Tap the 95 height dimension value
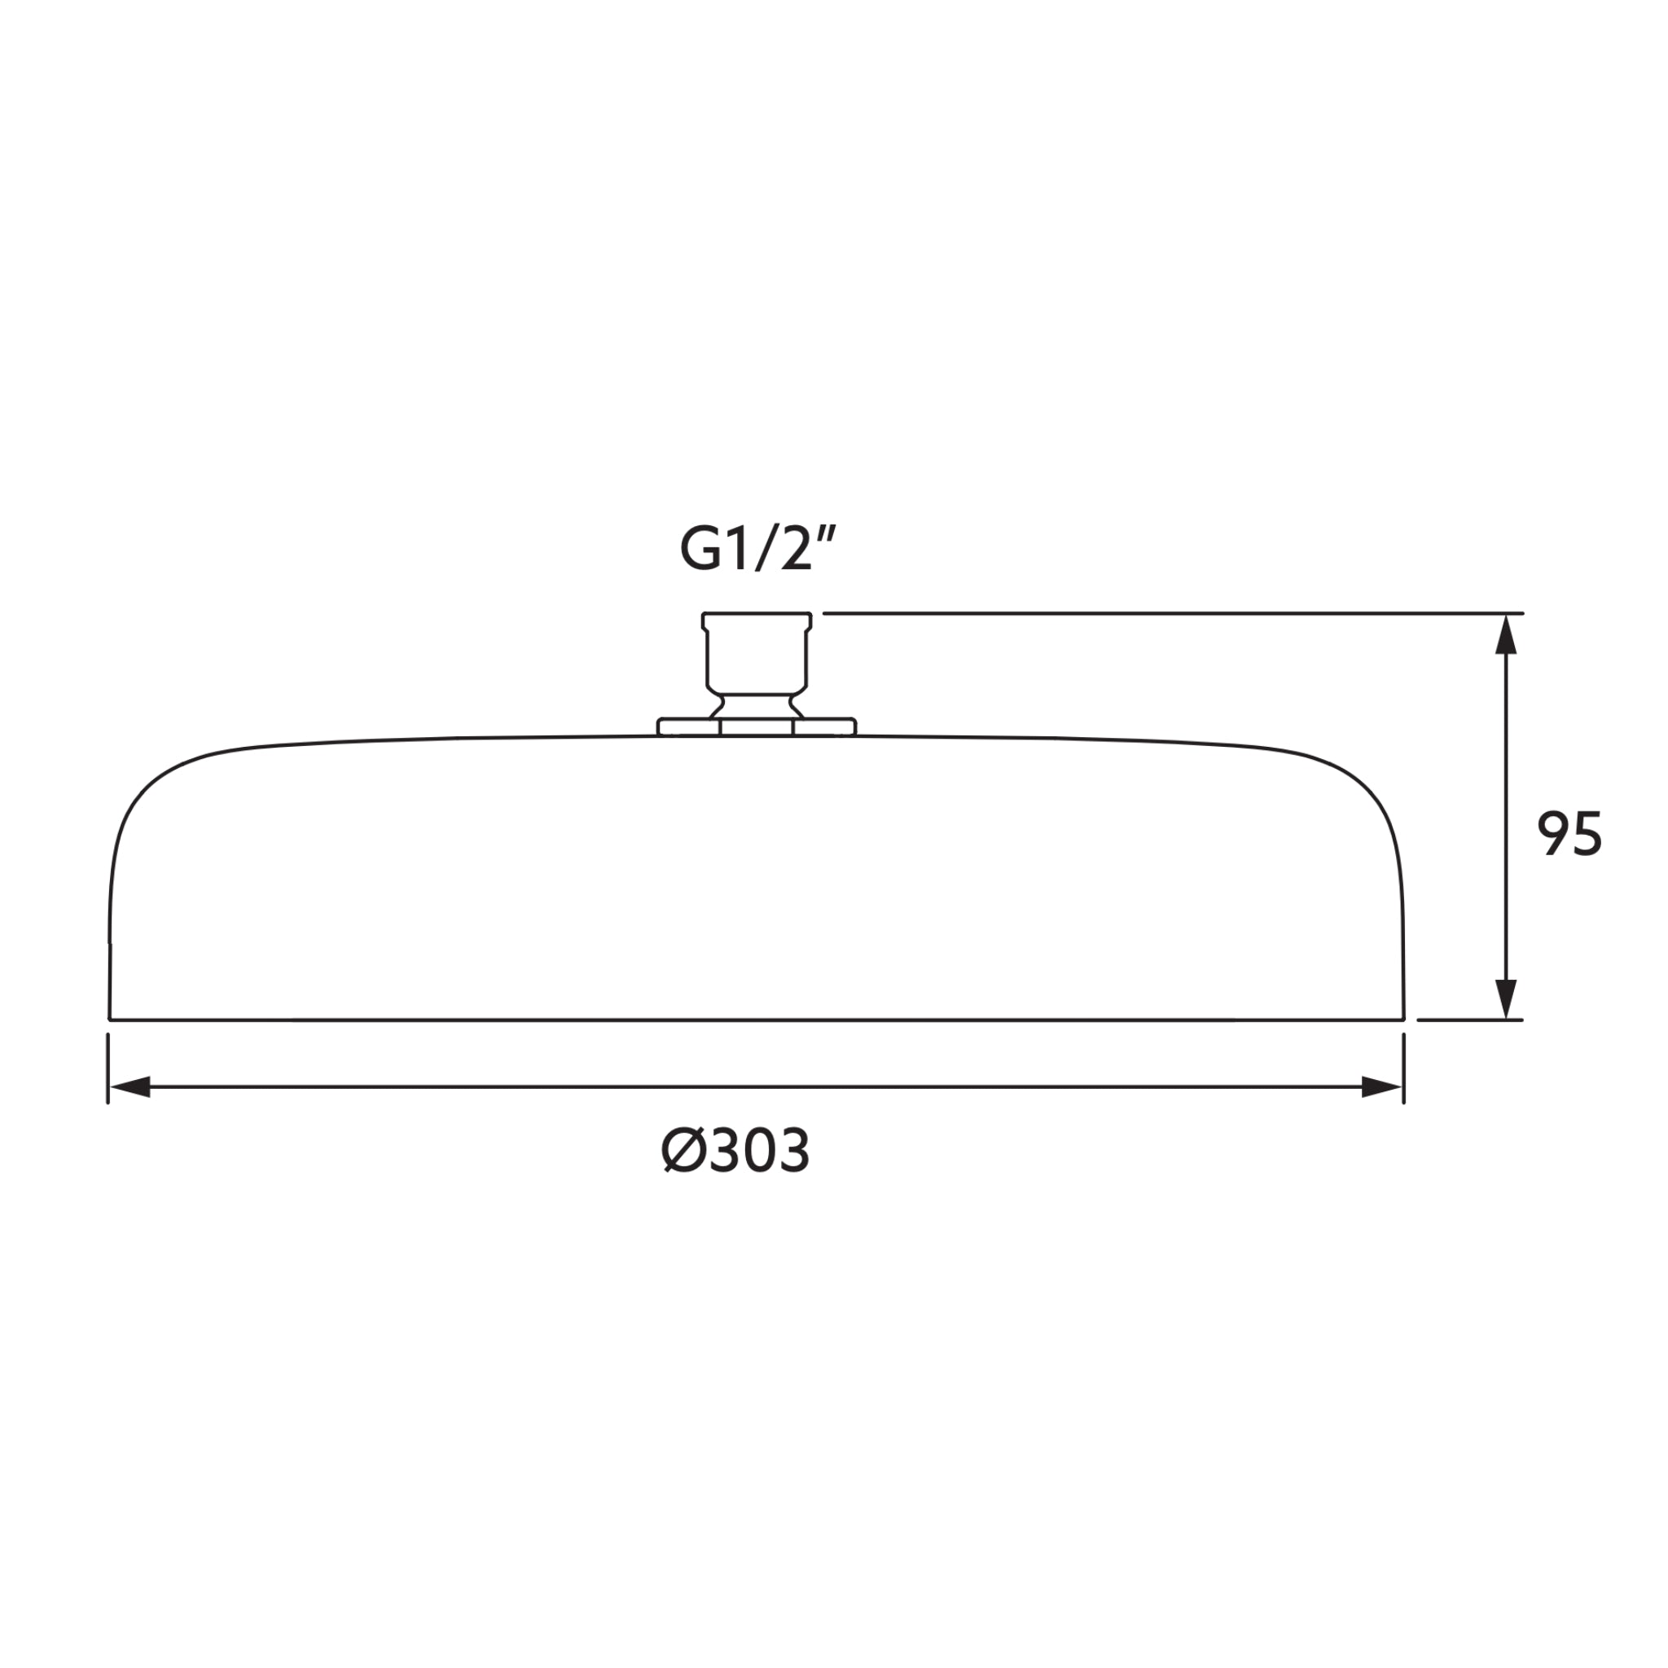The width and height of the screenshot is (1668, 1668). tap(1569, 834)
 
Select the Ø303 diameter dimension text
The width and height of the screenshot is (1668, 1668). tap(735, 1151)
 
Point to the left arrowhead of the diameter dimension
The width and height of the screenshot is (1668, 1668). tap(129, 1087)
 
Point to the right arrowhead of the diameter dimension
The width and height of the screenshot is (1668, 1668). tap(1381, 1087)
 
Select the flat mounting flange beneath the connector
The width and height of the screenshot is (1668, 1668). tap(757, 727)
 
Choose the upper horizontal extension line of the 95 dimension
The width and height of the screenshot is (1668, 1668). tap(1165, 613)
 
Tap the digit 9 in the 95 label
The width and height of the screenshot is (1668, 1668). tap(1552, 834)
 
